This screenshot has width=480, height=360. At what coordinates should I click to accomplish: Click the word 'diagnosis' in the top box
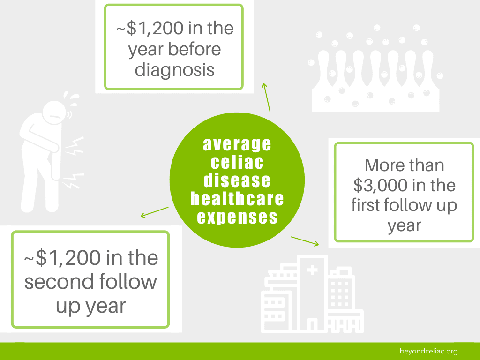tap(174, 70)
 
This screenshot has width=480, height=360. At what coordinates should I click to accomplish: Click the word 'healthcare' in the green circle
tap(237, 199)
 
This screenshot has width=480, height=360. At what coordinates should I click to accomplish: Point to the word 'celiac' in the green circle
tap(237, 162)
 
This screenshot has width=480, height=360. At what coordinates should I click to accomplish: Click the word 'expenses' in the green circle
tap(237, 217)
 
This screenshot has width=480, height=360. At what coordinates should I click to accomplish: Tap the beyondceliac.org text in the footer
tap(428, 351)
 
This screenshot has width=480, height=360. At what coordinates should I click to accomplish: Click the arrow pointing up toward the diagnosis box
tap(266, 97)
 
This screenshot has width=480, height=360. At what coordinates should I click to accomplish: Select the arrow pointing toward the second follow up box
tap(154, 212)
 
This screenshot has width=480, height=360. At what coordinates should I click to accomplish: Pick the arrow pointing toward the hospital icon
tap(305, 241)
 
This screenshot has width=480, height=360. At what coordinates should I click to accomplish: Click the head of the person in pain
tap(54, 112)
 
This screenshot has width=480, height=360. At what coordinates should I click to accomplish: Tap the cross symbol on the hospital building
tap(312, 270)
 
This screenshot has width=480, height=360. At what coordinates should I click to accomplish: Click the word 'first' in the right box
tap(366, 205)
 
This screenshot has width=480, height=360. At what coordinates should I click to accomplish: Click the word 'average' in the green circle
tap(237, 144)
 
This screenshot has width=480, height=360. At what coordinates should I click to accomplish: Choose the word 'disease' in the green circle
tap(237, 180)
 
